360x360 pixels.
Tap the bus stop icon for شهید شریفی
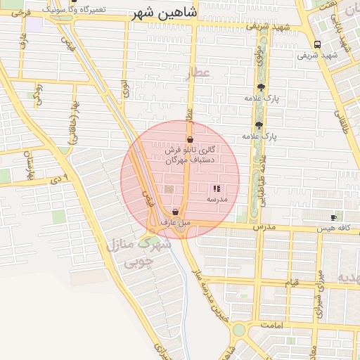click(x=318, y=44)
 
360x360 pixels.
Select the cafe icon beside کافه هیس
click(x=333, y=219)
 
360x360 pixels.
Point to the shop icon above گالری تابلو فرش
click(x=191, y=140)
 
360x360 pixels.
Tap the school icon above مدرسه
click(x=216, y=188)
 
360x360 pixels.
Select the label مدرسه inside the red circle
click(x=216, y=199)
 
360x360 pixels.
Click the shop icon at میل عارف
click(x=175, y=212)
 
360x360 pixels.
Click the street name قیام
click(x=292, y=282)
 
